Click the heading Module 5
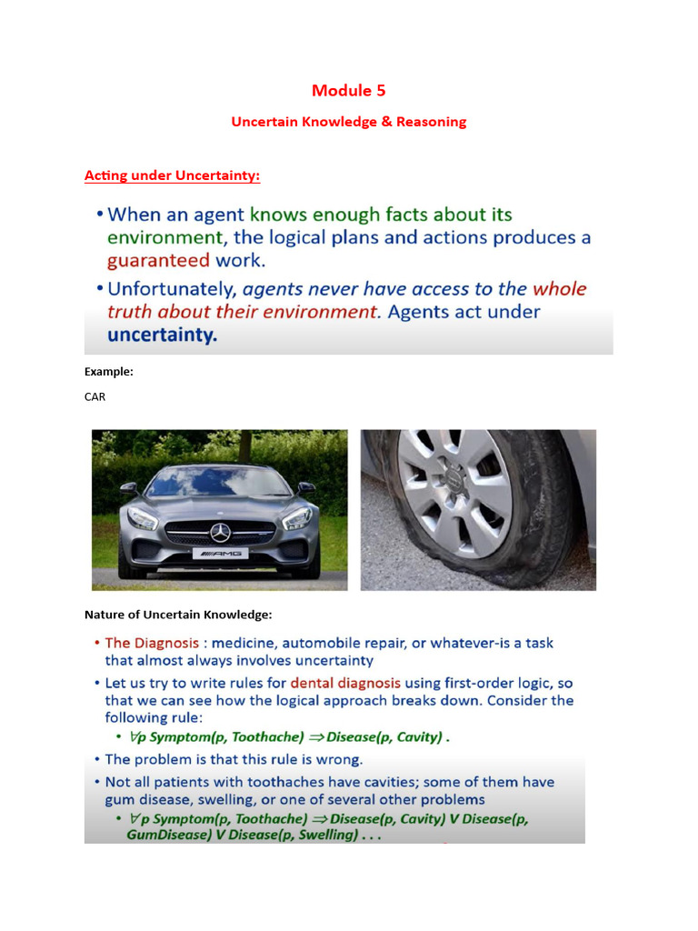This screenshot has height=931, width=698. point(348,90)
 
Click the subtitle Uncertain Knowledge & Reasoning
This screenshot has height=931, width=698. point(348,121)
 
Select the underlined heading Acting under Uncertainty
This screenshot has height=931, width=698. point(172,175)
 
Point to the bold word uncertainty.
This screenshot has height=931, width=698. point(163,335)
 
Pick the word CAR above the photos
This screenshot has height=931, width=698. point(95,396)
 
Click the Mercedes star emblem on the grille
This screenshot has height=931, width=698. point(219,532)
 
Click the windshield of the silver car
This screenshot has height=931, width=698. point(218,482)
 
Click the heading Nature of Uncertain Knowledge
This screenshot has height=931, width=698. point(178,614)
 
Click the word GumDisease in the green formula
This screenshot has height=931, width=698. point(165,835)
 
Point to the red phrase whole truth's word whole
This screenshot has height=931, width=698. point(560,289)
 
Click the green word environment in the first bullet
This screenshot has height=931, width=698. point(165,238)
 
